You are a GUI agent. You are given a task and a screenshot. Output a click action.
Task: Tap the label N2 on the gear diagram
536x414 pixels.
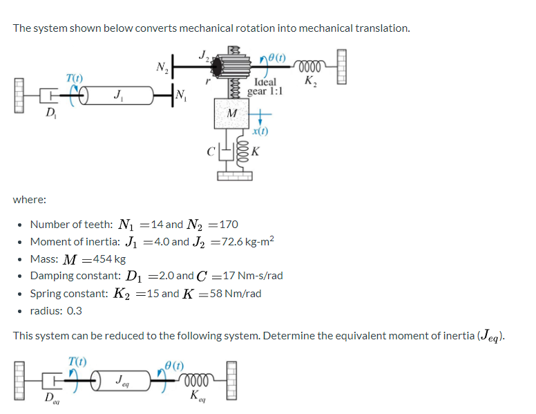(162, 67)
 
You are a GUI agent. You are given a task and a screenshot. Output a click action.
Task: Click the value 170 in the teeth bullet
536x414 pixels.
(229, 224)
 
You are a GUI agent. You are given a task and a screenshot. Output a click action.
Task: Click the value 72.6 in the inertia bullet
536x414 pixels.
(233, 241)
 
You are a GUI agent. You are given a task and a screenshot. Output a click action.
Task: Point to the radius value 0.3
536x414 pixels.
(73, 310)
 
